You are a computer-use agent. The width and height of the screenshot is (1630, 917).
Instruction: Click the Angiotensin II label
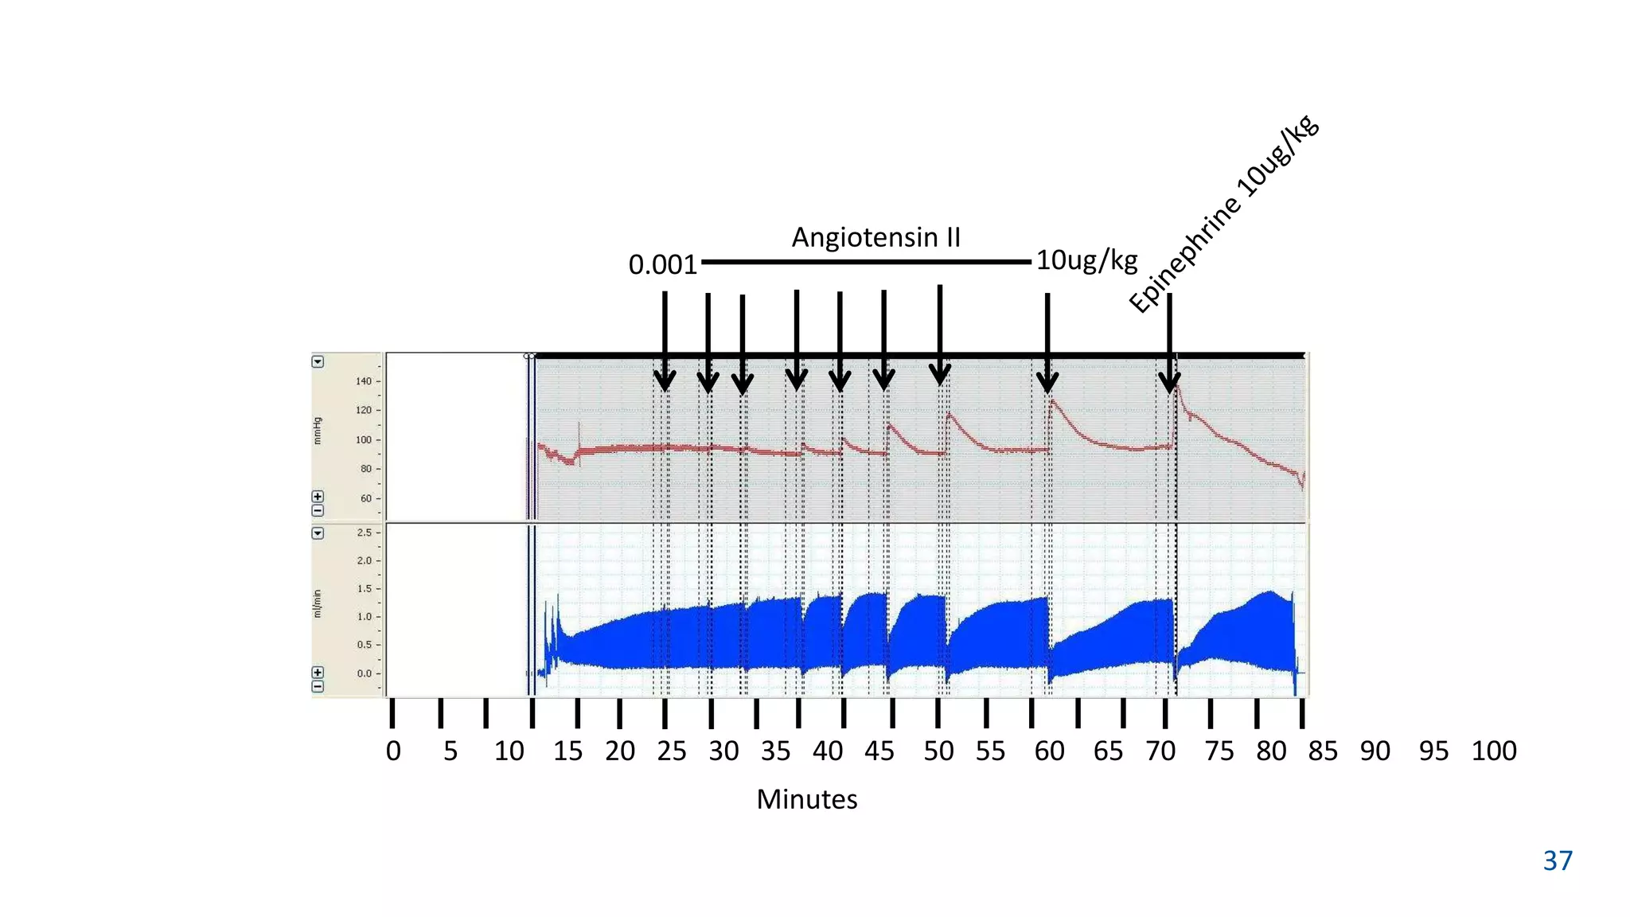[x=875, y=237]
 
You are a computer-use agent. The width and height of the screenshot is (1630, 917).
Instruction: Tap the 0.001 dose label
[x=662, y=264]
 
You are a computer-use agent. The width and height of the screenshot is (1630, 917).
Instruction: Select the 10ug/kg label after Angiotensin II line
[x=1086, y=259]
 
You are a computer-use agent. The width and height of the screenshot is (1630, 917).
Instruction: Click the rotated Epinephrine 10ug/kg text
[x=1223, y=215]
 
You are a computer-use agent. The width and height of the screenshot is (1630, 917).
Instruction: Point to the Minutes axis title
[x=806, y=799]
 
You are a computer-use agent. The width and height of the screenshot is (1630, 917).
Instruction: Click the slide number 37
[x=1558, y=860]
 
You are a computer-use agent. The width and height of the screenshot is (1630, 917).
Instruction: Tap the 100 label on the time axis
[x=1493, y=751]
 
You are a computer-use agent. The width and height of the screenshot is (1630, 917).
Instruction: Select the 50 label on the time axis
[x=938, y=751]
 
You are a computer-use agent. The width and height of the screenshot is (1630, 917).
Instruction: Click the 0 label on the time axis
[x=393, y=751]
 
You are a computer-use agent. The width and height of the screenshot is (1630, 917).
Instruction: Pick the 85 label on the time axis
[x=1323, y=751]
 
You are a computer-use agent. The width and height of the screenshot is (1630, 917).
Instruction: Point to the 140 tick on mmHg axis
[x=364, y=381]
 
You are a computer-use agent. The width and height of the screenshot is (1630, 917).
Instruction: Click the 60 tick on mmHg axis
[x=366, y=498]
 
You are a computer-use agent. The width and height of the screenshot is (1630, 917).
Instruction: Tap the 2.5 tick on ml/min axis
[x=364, y=533]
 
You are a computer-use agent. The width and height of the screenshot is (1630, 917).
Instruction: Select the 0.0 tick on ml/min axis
[x=364, y=673]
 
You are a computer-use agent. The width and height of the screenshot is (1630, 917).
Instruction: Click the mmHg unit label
[x=318, y=431]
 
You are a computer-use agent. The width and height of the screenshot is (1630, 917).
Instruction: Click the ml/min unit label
[x=318, y=603]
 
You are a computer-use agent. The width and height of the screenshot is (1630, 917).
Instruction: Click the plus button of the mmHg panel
[x=318, y=497]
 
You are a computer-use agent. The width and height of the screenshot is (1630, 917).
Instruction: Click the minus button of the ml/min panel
[x=318, y=686]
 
